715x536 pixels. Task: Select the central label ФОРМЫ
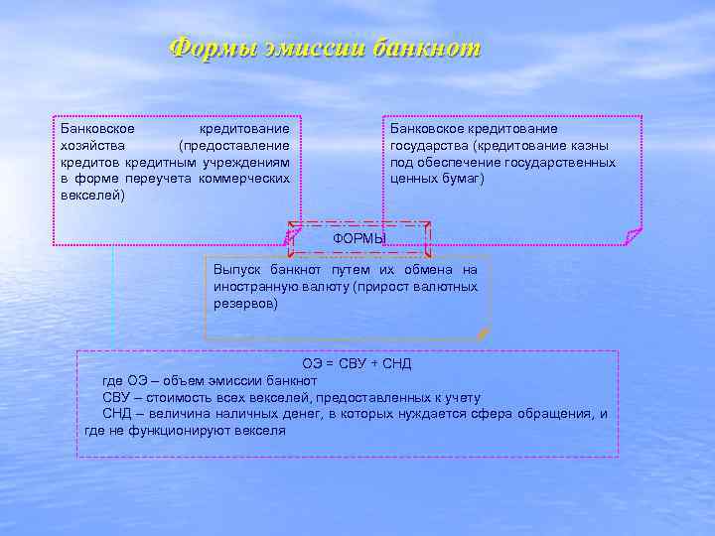(x=359, y=239)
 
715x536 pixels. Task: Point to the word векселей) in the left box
(x=92, y=196)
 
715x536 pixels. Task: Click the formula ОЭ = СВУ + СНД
(x=357, y=364)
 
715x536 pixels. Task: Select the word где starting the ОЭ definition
(x=112, y=381)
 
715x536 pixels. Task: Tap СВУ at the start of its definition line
(x=116, y=397)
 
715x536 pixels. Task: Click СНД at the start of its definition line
(x=116, y=414)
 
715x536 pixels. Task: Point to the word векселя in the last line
(x=261, y=431)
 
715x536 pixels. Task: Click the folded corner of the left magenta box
(x=292, y=236)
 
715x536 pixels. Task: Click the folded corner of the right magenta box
(x=633, y=236)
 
